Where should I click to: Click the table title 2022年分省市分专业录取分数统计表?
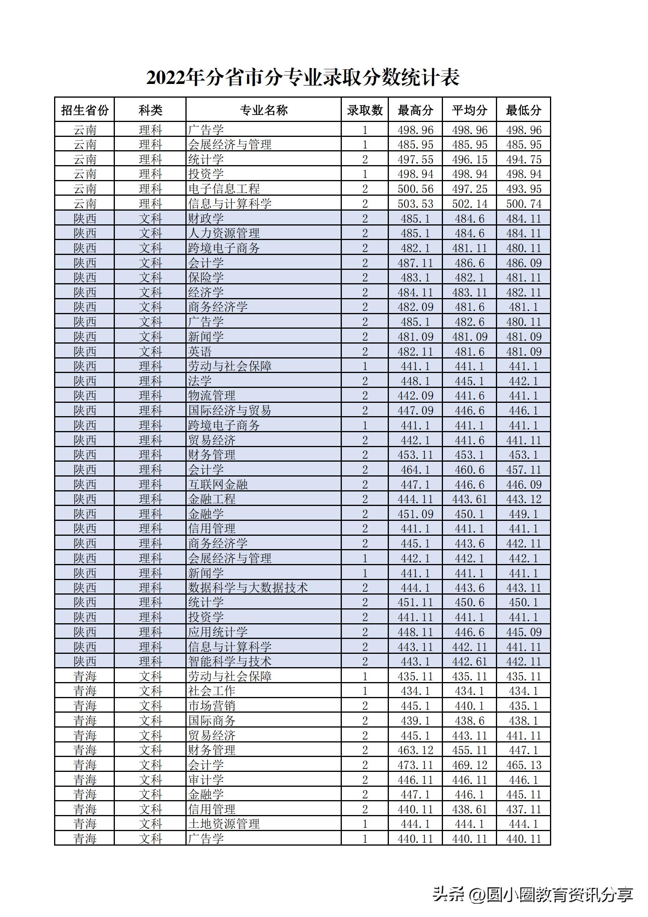pyautogui.click(x=303, y=78)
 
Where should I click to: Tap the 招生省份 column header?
pyautogui.click(x=85, y=110)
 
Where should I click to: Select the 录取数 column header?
pyautogui.click(x=365, y=110)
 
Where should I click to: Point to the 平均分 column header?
pyautogui.click(x=469, y=110)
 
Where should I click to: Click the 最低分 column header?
pyautogui.click(x=523, y=110)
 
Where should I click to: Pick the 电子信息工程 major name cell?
pyautogui.click(x=224, y=189)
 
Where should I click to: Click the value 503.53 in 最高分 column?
pyautogui.click(x=415, y=204)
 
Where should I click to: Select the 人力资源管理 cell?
pyautogui.click(x=224, y=233)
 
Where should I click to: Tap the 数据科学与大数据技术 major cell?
pyautogui.click(x=248, y=588)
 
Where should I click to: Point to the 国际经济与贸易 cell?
pyautogui.click(x=230, y=410)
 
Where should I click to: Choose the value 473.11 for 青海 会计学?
pyautogui.click(x=415, y=765)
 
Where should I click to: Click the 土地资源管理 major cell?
pyautogui.click(x=224, y=824)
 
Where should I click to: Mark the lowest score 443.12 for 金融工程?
pyautogui.click(x=523, y=499)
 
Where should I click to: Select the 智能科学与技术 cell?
pyautogui.click(x=230, y=661)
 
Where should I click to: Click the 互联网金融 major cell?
pyautogui.click(x=218, y=484)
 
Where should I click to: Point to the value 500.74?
pyautogui.click(x=523, y=204)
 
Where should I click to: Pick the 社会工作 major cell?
pyautogui.click(x=212, y=691)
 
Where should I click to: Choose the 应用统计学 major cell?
pyautogui.click(x=218, y=632)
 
